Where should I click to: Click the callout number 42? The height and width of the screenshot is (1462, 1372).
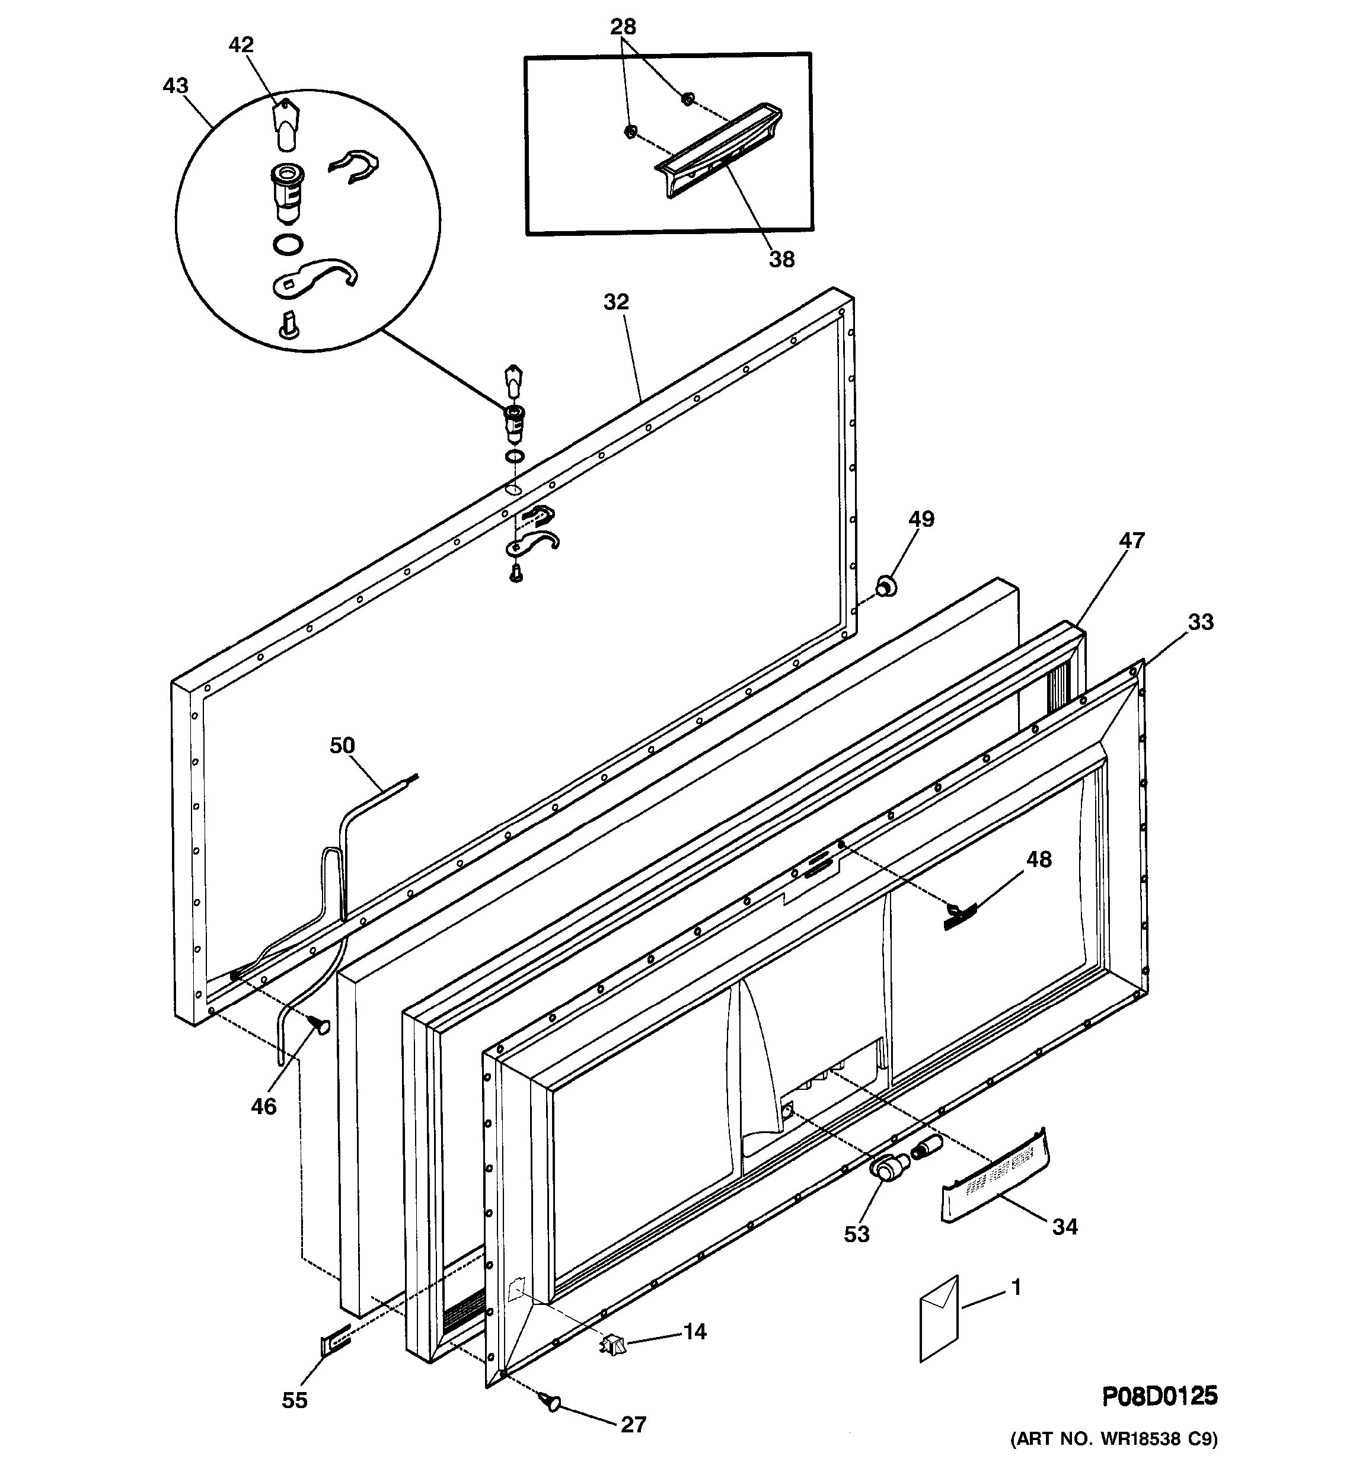point(241,45)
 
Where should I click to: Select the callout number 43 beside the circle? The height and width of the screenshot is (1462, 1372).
point(175,86)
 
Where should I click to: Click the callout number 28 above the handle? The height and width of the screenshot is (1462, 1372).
point(623,27)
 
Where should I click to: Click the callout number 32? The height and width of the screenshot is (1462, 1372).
point(617,302)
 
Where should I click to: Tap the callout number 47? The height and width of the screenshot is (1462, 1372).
point(1131,540)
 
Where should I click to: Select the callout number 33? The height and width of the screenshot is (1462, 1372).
point(1201,622)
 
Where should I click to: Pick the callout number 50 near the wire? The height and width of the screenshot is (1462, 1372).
point(342,746)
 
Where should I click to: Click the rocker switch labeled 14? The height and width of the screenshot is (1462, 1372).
point(612,1346)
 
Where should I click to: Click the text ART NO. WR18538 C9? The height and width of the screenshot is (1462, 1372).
point(1113,1438)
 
